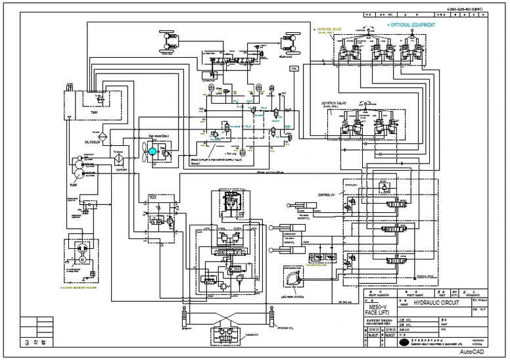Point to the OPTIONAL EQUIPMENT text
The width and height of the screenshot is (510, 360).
[411, 24]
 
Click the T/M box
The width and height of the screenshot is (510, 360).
[294, 68]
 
